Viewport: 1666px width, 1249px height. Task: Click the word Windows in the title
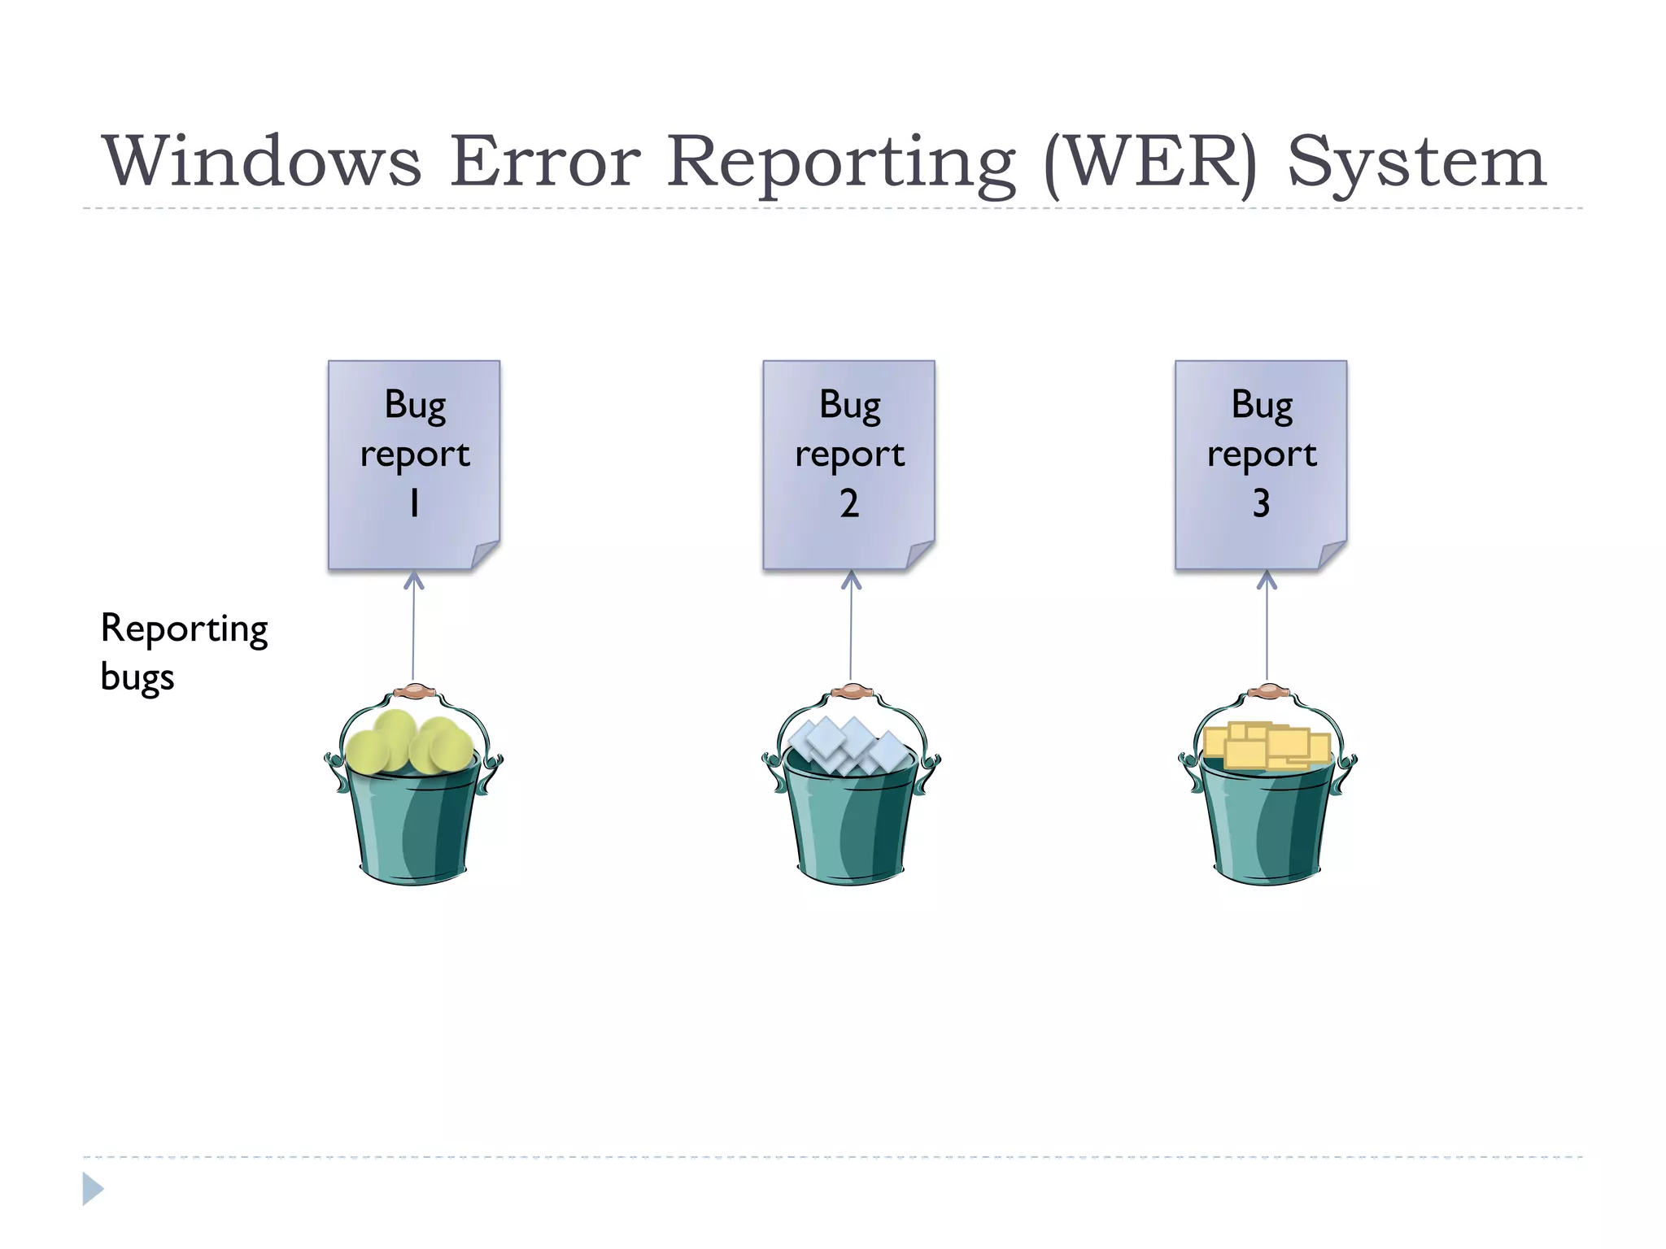coord(262,161)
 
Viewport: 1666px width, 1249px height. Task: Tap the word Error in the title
coord(545,161)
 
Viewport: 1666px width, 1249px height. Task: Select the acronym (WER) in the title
coord(1150,163)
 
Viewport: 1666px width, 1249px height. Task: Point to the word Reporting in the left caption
coord(184,629)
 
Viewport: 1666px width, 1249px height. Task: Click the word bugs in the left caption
coord(137,677)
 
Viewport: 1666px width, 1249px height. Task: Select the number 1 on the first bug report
coord(414,503)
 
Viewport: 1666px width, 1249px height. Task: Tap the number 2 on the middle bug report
coord(848,503)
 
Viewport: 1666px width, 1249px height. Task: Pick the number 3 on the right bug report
coord(1261,503)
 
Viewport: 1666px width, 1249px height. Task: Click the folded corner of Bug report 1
coord(486,555)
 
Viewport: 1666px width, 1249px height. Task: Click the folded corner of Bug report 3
coord(1332,555)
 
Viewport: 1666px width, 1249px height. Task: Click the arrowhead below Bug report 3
coord(1267,580)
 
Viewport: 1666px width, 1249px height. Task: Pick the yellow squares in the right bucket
coord(1265,744)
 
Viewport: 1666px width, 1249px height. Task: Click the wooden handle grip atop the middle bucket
coord(852,691)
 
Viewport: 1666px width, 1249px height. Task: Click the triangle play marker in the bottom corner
coord(93,1189)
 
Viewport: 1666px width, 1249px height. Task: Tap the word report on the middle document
coord(849,454)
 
